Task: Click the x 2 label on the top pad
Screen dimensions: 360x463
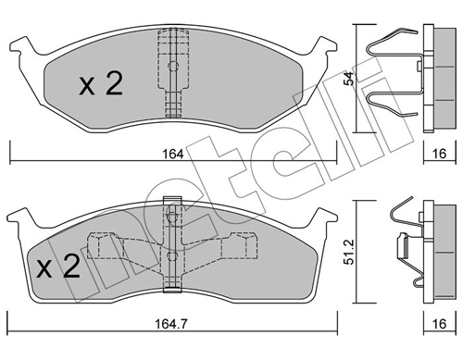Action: pyautogui.click(x=100, y=85)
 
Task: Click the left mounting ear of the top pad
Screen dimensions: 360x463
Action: pyautogui.click(x=23, y=45)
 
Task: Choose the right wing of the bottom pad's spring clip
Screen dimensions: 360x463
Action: pyautogui.click(x=239, y=248)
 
